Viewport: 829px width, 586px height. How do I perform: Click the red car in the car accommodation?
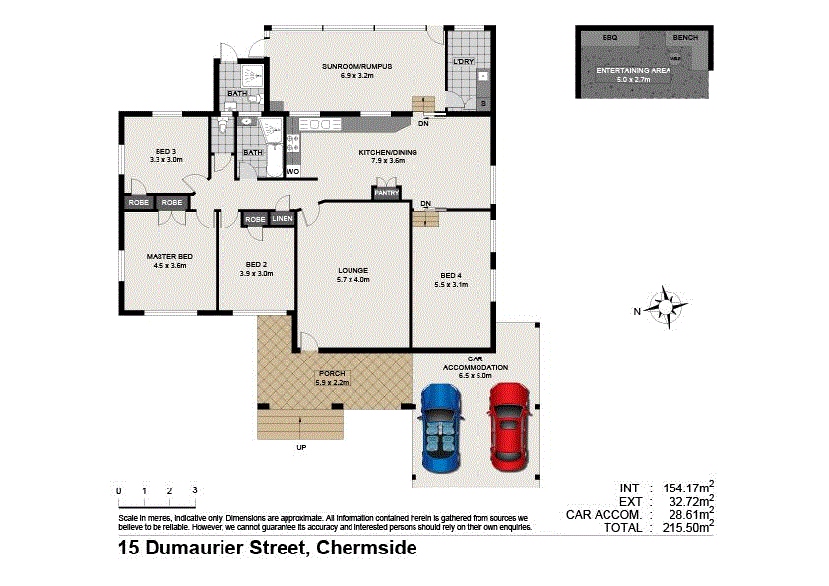pos(508,423)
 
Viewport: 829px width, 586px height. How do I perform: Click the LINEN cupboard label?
pos(283,219)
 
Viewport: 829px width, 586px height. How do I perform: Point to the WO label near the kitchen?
pos(292,172)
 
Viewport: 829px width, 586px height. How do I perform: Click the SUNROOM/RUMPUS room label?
pos(356,66)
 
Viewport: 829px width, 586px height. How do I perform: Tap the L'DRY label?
pos(462,62)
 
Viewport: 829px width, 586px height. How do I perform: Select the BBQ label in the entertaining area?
pos(609,37)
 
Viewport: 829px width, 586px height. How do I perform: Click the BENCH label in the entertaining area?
pos(684,37)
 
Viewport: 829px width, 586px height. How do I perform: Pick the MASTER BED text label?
pos(169,256)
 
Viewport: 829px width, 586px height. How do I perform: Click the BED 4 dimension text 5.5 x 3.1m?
pos(451,284)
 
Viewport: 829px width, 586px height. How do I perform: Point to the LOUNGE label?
pos(352,271)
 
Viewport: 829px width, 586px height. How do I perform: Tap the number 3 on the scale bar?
pos(195,490)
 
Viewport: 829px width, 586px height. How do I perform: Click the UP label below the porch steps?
pos(301,449)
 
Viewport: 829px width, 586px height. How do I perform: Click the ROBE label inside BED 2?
pos(254,219)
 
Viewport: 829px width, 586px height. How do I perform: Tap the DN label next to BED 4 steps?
pos(425,204)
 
